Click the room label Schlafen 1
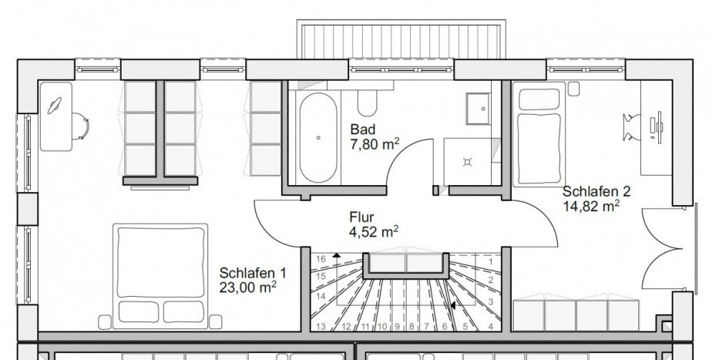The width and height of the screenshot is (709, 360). click(x=253, y=274)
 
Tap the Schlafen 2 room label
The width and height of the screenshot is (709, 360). click(x=591, y=192)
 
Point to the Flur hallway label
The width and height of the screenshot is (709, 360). click(x=361, y=217)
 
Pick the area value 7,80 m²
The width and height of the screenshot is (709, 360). click(x=374, y=143)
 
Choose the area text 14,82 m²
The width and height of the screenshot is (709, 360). click(x=590, y=206)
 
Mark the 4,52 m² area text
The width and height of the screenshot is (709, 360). click(x=374, y=230)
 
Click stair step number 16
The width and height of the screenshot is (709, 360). click(x=321, y=259)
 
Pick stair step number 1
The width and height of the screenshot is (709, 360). click(x=491, y=261)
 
